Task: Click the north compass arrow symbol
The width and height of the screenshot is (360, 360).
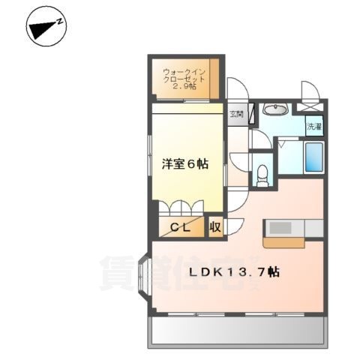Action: [x=46, y=28]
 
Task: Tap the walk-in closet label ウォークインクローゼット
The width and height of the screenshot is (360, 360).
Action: [x=184, y=76]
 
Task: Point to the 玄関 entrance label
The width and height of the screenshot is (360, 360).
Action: [x=237, y=114]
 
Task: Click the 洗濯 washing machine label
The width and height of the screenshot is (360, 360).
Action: [x=313, y=127]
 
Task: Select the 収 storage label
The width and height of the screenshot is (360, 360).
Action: [x=214, y=226]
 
